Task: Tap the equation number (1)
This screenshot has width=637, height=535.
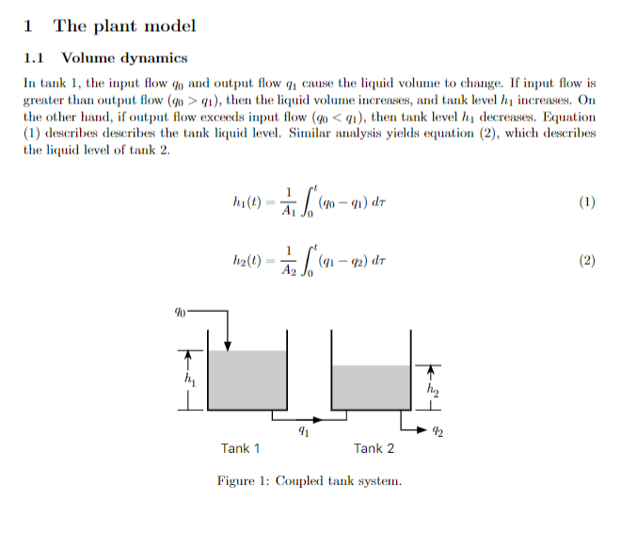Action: (x=587, y=202)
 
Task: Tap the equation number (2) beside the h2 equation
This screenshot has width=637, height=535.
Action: (x=587, y=261)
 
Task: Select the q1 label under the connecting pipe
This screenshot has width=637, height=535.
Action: (x=301, y=432)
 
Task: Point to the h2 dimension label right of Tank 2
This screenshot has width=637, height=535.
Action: (x=432, y=387)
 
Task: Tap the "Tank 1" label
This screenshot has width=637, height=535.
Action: (x=241, y=448)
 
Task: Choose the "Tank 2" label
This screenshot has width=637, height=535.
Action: (x=374, y=448)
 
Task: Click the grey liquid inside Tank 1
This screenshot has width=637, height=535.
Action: (x=247, y=380)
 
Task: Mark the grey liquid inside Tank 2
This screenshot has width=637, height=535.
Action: (x=371, y=387)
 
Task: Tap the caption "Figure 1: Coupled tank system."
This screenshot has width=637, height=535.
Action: (x=309, y=481)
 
